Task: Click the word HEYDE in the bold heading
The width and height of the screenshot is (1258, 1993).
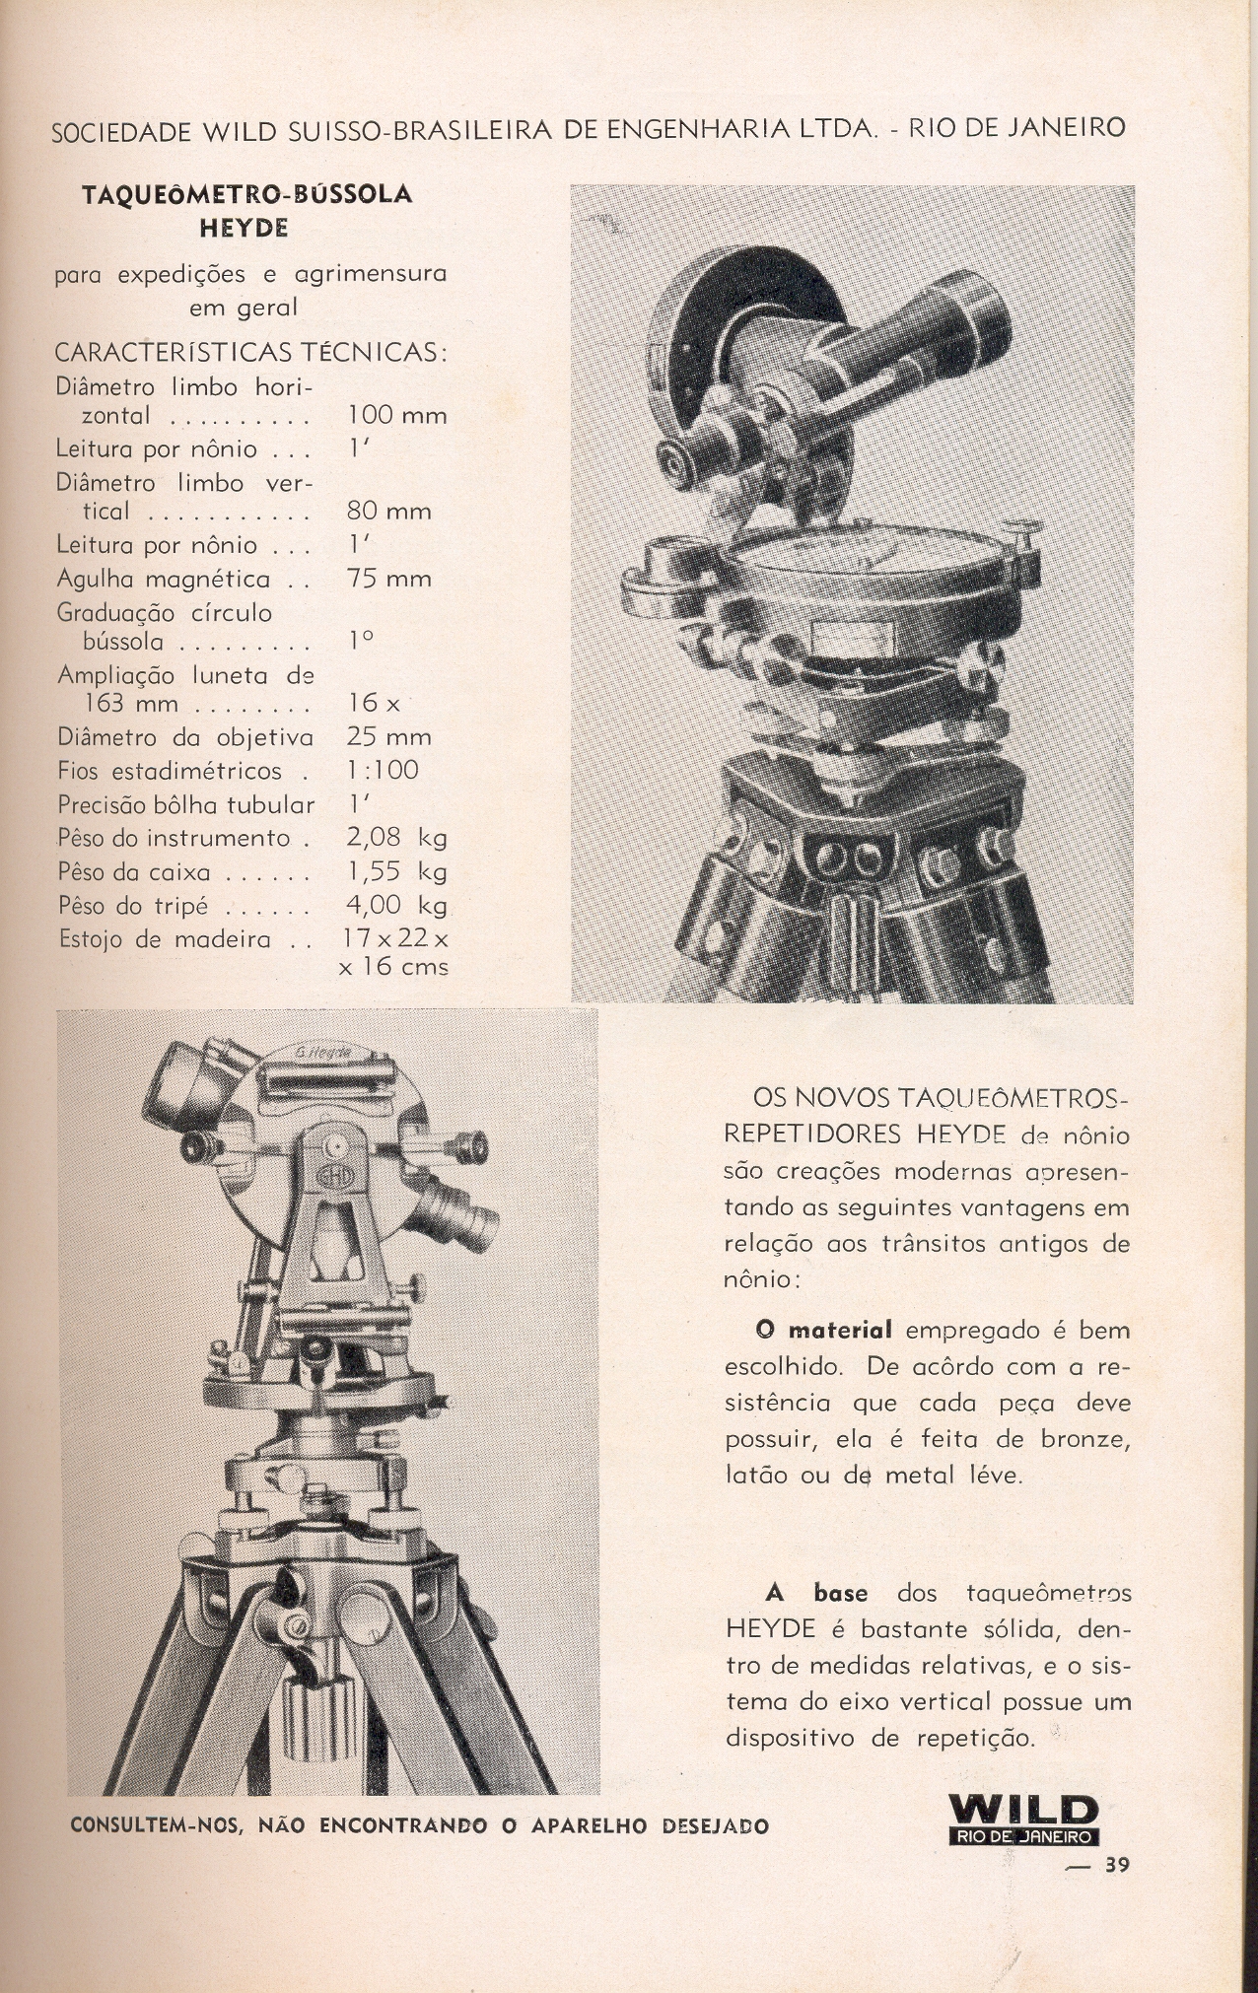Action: point(244,228)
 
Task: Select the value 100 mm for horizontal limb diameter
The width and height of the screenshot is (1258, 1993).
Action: point(397,416)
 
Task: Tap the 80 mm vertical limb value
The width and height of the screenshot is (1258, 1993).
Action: point(389,512)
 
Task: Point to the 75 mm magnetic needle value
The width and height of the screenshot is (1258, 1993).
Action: point(389,579)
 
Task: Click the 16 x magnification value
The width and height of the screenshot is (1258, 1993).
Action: point(374,703)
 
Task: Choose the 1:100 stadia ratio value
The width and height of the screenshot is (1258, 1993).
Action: point(383,770)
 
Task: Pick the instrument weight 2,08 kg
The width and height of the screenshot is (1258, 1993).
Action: point(396,838)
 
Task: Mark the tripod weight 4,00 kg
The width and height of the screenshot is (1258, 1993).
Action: point(396,905)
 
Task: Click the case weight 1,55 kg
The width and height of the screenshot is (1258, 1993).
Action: point(396,871)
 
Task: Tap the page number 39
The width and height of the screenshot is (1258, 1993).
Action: point(1116,1865)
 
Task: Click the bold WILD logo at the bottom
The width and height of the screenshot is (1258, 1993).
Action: point(1022,1810)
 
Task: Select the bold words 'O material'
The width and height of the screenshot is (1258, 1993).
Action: point(824,1330)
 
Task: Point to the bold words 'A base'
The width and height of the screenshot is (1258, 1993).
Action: point(816,1593)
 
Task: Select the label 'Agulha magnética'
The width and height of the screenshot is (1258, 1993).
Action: point(164,579)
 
